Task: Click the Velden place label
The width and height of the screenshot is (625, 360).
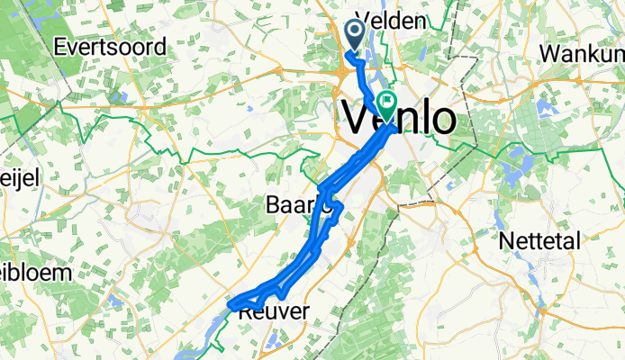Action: [x=390, y=20]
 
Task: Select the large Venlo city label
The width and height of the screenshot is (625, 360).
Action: [x=398, y=118]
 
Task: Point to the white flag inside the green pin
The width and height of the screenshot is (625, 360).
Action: [x=389, y=100]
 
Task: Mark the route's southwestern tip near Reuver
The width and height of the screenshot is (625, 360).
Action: [x=233, y=306]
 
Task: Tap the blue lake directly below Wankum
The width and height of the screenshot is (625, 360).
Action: [x=546, y=109]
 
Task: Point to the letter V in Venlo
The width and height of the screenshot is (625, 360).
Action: [x=358, y=118]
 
